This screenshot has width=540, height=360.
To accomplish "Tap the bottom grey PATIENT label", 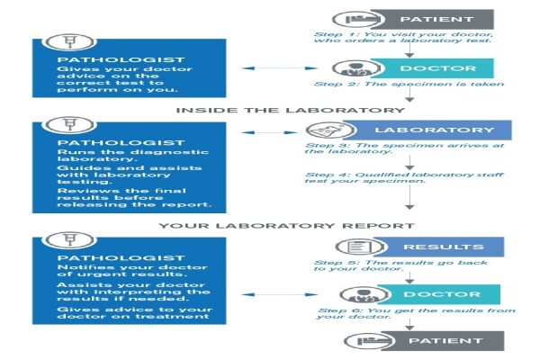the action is pos(445,341).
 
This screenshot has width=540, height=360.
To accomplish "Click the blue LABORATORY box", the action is pos(429,130).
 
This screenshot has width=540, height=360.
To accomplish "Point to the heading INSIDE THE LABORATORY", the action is pos(291,110).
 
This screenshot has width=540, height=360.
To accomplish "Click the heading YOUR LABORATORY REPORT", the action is pos(286,226).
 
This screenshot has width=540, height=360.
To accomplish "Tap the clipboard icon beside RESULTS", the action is pos(360,247).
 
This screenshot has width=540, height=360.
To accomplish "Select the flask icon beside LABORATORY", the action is pos(330,130).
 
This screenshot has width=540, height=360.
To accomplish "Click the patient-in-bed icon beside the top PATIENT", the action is pos(358,19).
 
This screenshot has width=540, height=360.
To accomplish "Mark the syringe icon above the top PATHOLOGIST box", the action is pos(69,42).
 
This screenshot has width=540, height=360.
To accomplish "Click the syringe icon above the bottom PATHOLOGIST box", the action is pos(69,239).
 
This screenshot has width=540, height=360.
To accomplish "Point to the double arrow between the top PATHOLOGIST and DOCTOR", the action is pos(279,68).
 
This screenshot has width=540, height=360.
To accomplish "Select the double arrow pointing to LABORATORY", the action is pos(269,132).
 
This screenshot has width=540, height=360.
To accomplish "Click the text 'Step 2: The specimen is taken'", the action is pos(409,84).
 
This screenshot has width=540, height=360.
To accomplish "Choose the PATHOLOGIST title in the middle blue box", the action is pos(121,142).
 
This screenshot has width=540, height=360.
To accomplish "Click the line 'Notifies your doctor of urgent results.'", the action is pos(132,271).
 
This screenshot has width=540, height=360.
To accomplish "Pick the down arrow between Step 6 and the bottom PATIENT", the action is pos(409,324).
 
